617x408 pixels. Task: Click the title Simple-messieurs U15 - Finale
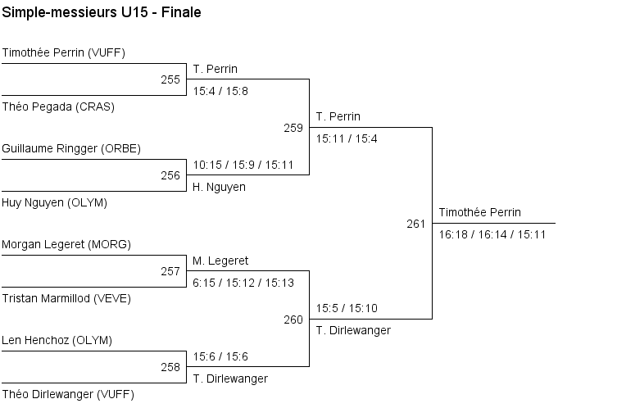pos(102,13)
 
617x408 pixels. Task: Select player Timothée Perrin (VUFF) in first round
pos(63,53)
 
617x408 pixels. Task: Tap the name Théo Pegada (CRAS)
pos(58,107)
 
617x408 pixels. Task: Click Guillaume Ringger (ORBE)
pos(71,148)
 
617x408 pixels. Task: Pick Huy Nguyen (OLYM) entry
pos(54,202)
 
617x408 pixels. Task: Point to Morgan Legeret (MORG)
pos(66,244)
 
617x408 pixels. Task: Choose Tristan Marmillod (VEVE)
pos(66,298)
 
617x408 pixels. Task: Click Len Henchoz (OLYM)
pos(57,340)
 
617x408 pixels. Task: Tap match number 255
pos(170,79)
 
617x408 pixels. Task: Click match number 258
pos(170,367)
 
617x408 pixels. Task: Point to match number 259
pos(293,128)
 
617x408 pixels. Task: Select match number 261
pos(415,224)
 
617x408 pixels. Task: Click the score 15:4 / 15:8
pos(220,91)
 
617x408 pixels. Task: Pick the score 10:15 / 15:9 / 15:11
pos(243,165)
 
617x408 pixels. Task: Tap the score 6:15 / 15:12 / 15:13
pos(243,283)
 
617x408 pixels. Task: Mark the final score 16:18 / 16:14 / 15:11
pos(492,234)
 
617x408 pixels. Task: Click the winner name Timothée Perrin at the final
pos(479,212)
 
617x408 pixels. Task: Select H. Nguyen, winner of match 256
pos(220,187)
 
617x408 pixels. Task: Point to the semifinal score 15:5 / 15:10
pos(347,309)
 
